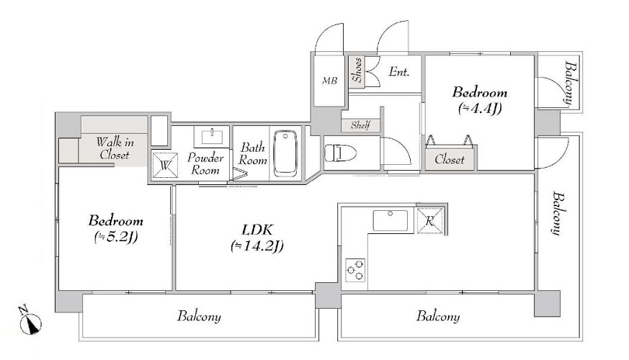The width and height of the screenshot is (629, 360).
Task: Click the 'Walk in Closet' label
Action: (114, 148)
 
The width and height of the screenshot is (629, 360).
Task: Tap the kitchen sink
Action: (389, 220)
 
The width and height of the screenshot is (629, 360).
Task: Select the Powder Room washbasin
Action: (210, 136)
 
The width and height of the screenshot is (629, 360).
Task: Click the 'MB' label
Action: (329, 81)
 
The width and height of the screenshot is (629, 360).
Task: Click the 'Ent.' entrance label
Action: (399, 72)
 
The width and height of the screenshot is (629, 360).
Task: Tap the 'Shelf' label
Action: (360, 125)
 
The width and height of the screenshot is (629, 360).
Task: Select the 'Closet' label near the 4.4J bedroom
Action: (450, 160)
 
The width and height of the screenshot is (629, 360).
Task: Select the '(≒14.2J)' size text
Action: (256, 246)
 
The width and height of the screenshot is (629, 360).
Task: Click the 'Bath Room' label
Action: (253, 153)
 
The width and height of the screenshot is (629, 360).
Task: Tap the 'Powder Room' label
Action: (203, 163)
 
